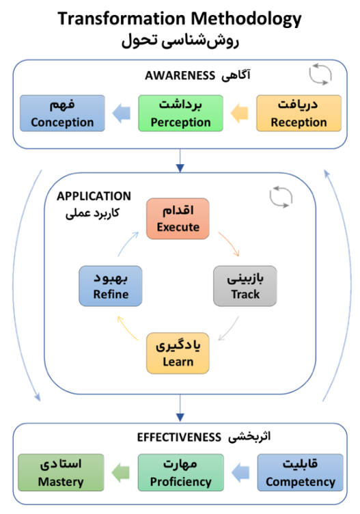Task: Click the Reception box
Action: click(x=299, y=113)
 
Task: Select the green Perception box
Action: click(x=180, y=113)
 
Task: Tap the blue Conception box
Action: click(x=61, y=113)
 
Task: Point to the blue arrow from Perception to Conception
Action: click(x=122, y=113)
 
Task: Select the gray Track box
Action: click(x=245, y=286)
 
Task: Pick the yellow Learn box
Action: click(x=178, y=353)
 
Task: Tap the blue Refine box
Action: click(x=111, y=286)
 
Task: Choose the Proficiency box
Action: click(x=180, y=472)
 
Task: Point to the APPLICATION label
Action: click(x=94, y=196)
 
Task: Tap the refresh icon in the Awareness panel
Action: click(x=320, y=75)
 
